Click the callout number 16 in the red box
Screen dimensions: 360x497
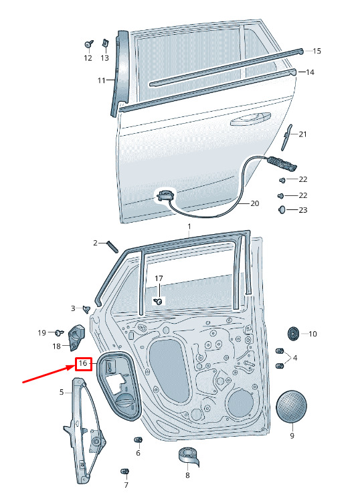(83, 363)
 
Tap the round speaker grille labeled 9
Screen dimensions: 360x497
(292, 406)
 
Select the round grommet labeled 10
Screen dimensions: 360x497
(293, 334)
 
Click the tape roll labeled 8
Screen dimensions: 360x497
(189, 456)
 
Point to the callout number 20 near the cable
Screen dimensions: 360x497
(255, 203)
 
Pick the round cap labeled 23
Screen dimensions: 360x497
(282, 210)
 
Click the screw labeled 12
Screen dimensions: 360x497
(89, 43)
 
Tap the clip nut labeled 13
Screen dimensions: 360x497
(105, 43)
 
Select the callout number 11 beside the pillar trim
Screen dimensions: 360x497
(102, 80)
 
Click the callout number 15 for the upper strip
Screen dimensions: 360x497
(317, 51)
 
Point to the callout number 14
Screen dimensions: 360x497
(310, 72)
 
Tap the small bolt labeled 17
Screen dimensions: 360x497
(158, 301)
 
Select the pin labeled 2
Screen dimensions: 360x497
(112, 246)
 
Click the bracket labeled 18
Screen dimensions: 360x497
(77, 337)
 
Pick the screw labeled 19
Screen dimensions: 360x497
(59, 332)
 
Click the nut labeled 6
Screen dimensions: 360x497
(139, 439)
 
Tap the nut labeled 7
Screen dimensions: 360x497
(125, 471)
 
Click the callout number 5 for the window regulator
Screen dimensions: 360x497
(62, 392)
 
